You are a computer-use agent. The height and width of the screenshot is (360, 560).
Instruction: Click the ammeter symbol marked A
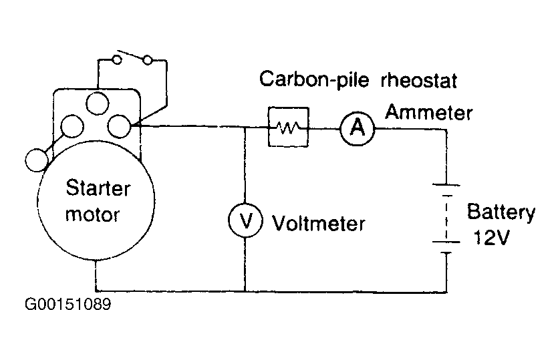pos(357,128)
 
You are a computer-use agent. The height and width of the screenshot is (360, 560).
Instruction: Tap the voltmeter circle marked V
pos(245,220)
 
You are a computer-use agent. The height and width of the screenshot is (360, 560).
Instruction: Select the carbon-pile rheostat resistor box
pos(288,127)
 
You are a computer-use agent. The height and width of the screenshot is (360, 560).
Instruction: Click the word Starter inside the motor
pos(98,188)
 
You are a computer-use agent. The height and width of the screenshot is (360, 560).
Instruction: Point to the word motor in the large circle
pos(92,214)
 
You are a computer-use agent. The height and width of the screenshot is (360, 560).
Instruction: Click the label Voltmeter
pos(319,224)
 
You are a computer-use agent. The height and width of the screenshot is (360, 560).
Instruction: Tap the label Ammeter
pos(428,112)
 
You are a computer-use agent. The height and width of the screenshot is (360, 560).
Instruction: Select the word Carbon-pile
pos(314,79)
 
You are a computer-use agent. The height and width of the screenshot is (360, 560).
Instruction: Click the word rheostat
pos(418,80)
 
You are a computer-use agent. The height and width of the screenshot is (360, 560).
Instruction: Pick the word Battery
pos(501,212)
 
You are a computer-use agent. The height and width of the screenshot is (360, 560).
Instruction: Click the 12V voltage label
pos(491,237)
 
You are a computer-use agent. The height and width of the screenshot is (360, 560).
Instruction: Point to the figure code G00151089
pos(68,305)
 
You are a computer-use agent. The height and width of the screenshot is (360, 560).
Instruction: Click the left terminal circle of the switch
pos(117,59)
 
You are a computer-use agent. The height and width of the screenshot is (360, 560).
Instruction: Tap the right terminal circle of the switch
pos(148,59)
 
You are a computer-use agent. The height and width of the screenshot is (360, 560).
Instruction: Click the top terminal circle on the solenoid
pos(97,104)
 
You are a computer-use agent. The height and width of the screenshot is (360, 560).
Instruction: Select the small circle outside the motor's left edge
pos(37,160)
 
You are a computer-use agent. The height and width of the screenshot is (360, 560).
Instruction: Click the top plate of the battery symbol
pos(446,185)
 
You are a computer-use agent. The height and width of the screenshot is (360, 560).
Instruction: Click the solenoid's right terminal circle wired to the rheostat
pos(120,126)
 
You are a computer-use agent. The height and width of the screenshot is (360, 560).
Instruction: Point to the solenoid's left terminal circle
pos(72,126)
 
